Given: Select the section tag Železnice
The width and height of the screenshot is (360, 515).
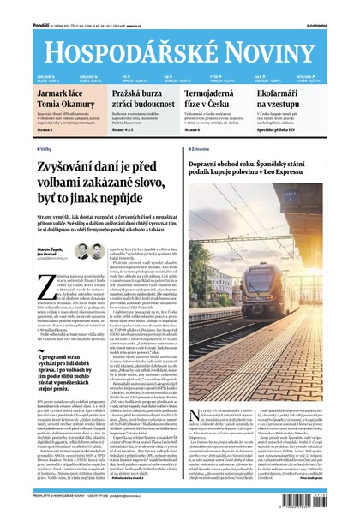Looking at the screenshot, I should coord(200,148).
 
